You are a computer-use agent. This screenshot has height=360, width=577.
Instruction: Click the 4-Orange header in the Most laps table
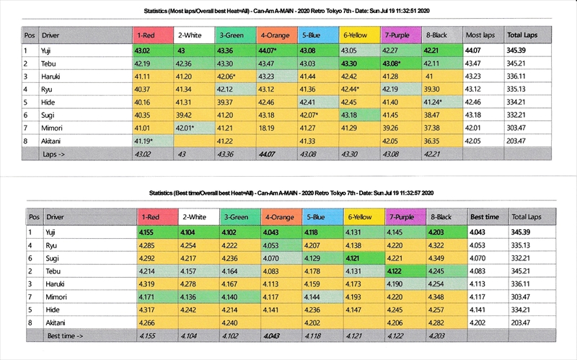tap(278, 35)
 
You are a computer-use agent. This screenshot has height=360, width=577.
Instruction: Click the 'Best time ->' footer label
tap(65, 336)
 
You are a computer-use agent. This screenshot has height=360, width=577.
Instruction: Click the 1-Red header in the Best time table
tap(151, 216)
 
